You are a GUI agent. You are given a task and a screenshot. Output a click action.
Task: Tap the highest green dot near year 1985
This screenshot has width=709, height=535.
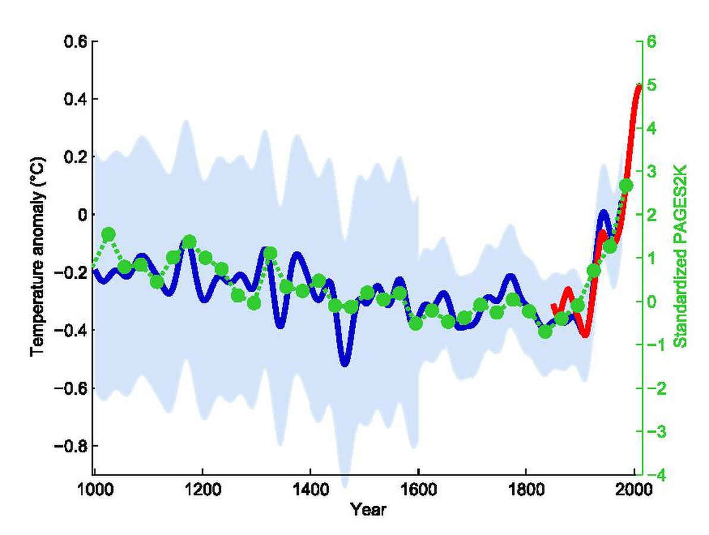tap(626, 185)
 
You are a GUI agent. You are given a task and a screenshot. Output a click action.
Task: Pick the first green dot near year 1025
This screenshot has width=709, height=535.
tap(108, 234)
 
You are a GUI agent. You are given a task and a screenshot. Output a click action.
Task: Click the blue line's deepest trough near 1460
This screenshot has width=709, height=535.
tap(345, 363)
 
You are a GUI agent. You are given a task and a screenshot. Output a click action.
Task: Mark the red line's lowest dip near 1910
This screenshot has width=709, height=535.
tap(585, 334)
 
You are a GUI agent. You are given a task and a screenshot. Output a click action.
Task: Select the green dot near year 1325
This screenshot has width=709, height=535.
tap(270, 254)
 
